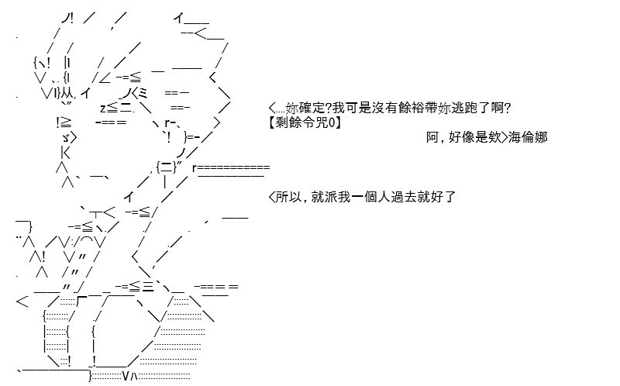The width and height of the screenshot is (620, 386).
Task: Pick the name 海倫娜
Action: coord(528,137)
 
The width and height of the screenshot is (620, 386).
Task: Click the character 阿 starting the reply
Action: coord(432,137)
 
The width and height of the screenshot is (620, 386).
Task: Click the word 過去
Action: coord(403,197)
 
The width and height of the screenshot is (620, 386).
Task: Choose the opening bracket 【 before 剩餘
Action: coord(272,122)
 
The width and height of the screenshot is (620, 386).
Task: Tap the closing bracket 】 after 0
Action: coord(338,122)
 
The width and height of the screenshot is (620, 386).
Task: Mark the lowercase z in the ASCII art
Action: coord(103,108)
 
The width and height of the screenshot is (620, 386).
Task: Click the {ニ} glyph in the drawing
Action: coord(166,167)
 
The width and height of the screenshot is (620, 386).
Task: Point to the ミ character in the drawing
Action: coord(143,93)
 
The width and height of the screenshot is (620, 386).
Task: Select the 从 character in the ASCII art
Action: coord(67,93)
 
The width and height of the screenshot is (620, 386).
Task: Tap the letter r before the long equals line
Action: coord(195,168)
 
